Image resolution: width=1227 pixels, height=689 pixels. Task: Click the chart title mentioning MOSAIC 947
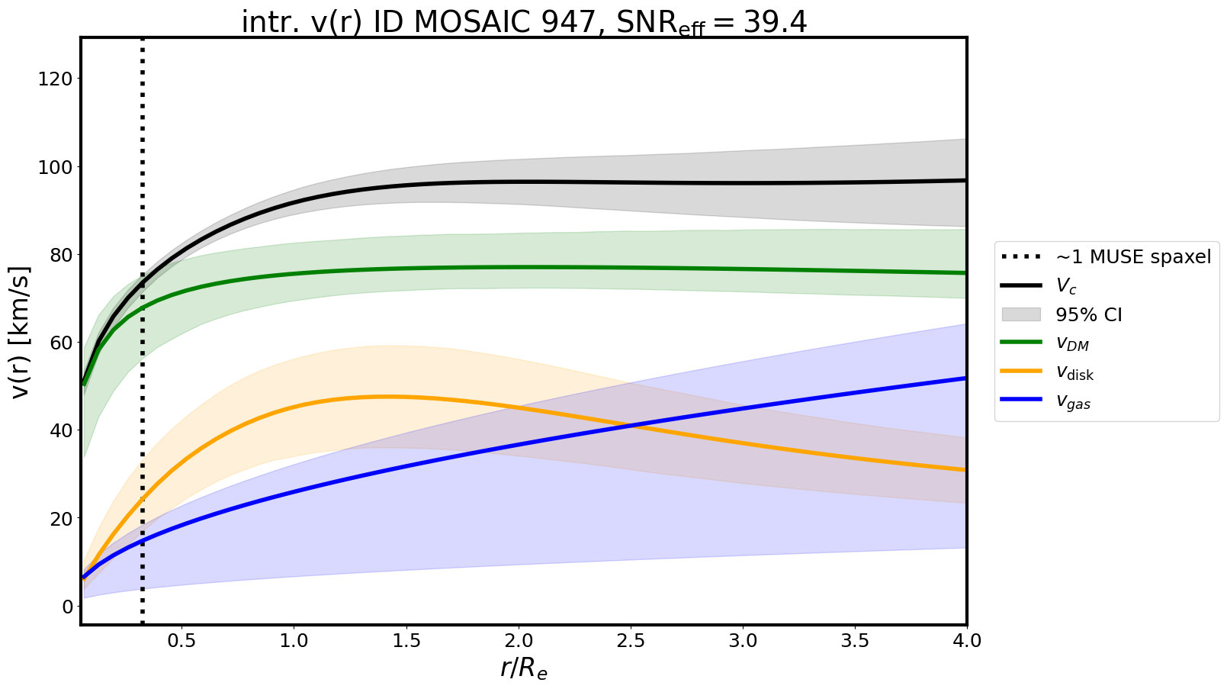pos(524,23)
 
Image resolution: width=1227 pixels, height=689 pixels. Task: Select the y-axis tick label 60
pos(61,343)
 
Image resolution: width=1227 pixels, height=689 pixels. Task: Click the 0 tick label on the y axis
pos(67,607)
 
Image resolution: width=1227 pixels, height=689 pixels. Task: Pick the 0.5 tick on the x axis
pos(181,642)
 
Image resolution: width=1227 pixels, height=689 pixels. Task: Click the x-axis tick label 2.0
pos(519,642)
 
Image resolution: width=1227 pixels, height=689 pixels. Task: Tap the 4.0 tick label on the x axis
pos(966,642)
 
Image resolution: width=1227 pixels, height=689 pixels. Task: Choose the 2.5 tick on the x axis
pos(631,642)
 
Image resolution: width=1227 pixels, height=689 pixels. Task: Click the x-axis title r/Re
pos(524,668)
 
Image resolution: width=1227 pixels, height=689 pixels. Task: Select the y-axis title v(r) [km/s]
pos(21,332)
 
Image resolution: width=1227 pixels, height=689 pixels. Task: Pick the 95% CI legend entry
pos(1088,314)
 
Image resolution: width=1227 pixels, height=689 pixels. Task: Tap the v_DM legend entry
pos(1072,343)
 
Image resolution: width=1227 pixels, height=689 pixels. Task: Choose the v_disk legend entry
pos(1074,372)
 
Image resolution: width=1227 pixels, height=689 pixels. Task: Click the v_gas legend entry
pos(1073,402)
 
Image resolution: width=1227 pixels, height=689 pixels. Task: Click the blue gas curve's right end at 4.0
pos(965,378)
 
